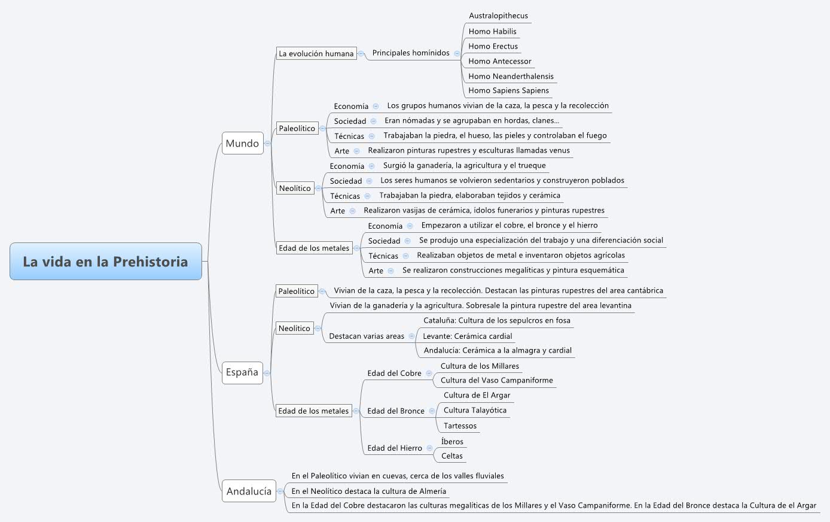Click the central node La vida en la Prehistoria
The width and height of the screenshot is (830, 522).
(x=105, y=262)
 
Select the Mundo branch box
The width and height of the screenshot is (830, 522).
(x=242, y=143)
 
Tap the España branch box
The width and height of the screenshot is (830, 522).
(x=242, y=372)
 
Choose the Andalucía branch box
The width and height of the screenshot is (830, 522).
(x=249, y=491)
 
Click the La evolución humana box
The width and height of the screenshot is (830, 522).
(x=316, y=53)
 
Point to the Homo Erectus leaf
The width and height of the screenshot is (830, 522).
(x=493, y=46)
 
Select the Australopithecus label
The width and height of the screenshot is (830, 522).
(x=498, y=16)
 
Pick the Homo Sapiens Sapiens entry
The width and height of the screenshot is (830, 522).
(x=508, y=90)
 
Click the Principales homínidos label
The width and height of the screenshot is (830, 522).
(x=411, y=53)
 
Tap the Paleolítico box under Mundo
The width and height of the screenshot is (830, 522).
(x=297, y=128)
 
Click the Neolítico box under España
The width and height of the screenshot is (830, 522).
(x=294, y=328)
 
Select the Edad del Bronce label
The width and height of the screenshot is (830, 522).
(x=395, y=411)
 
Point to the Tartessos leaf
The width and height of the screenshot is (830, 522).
(x=460, y=426)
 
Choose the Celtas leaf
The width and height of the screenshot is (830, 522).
(x=451, y=456)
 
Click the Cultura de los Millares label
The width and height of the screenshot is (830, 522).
(x=480, y=366)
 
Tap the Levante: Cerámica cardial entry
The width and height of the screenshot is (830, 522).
(x=467, y=336)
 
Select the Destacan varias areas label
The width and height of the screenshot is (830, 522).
(x=366, y=336)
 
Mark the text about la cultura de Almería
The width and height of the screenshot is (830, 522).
(x=368, y=491)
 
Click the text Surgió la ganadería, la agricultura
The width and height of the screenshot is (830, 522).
(x=464, y=165)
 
